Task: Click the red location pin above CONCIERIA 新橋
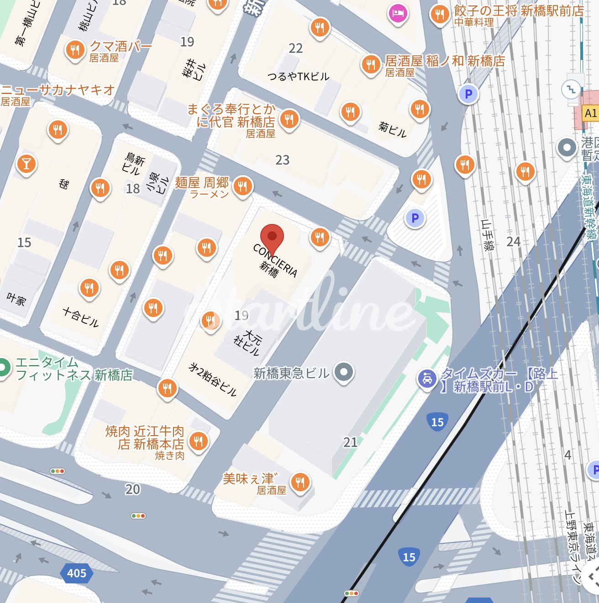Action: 272,238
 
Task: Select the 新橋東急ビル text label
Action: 291,374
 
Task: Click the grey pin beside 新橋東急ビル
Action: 344,372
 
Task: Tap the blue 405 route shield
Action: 76,573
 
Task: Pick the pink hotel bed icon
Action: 398,13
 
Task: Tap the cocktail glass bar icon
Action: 26,164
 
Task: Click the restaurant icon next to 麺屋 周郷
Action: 242,186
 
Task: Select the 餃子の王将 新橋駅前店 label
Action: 519,11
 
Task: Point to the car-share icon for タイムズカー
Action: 427,379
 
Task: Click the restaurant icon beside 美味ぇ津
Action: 300,481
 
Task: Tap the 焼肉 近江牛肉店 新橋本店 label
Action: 145,437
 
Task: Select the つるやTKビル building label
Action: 298,76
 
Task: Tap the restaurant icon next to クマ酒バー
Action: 75,50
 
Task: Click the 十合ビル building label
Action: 81,317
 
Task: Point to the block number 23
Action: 282,160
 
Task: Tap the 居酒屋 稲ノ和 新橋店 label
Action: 445,61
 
